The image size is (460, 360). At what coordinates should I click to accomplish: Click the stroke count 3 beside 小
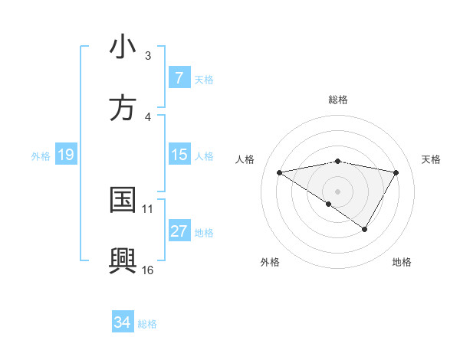click(148, 56)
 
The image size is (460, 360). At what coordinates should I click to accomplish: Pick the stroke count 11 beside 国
click(148, 208)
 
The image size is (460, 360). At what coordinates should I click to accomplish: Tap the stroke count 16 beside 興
click(148, 270)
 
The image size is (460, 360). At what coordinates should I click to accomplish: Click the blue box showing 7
click(179, 78)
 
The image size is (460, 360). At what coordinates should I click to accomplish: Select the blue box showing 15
click(179, 155)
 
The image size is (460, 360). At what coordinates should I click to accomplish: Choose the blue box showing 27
click(179, 232)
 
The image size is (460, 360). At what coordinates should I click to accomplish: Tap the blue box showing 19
click(65, 155)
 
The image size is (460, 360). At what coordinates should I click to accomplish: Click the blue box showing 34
click(123, 323)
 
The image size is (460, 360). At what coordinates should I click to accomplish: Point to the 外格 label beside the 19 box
click(41, 156)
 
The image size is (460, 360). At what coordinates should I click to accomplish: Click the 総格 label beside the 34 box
click(147, 324)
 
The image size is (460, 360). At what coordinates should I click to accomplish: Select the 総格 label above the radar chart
click(338, 100)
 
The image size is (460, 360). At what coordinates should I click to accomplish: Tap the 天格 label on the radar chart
click(432, 159)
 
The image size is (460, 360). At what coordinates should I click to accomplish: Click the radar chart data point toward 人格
click(280, 172)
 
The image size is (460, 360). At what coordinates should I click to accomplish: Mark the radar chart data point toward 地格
click(365, 228)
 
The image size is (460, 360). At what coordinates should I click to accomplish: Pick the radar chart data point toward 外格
click(329, 204)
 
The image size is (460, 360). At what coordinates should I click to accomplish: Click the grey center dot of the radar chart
click(338, 191)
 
